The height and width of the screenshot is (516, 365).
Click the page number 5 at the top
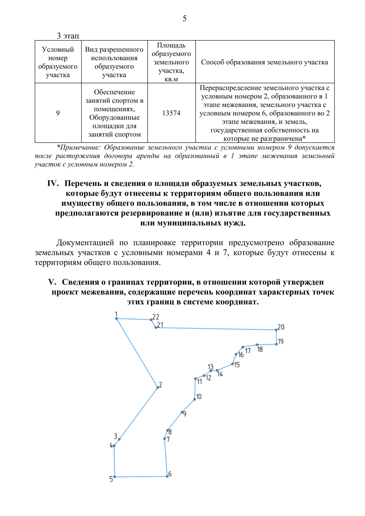pos(184,19)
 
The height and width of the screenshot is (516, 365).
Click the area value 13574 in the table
pos(171,113)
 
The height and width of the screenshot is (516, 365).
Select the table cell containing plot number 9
pos(58,113)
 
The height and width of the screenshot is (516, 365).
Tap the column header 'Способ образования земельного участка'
pos(264,62)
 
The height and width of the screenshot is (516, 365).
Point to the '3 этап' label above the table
pos(68,36)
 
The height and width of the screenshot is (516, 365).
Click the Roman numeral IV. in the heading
pos(53,183)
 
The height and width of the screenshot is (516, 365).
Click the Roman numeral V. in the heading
pos(52,282)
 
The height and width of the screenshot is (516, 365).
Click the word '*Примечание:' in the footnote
pos(78,147)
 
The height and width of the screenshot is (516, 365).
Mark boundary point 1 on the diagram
pos(116,318)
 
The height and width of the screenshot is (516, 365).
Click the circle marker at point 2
pos(158,387)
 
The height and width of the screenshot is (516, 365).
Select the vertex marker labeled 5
pos(115,477)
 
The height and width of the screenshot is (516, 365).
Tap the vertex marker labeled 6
pos(167,476)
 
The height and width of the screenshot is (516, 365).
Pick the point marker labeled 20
pos(276,330)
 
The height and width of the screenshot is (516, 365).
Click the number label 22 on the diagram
pos(156,317)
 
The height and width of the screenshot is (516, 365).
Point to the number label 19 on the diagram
pos(280,341)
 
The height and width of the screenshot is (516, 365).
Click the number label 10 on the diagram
pos(199,397)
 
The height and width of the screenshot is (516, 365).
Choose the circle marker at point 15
pos(233,364)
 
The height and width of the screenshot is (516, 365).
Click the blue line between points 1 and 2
pos(137,353)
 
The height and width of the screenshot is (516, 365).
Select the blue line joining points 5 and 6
pos(141,476)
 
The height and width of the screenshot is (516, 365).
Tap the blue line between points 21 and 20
pos(216,329)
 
